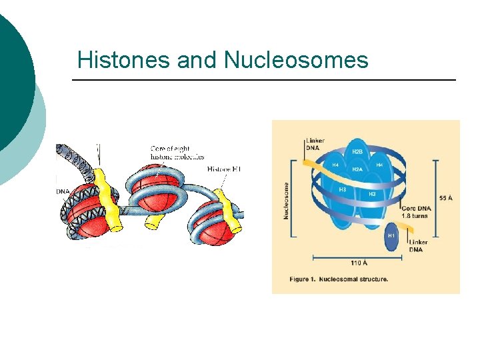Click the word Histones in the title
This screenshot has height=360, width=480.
tap(124, 60)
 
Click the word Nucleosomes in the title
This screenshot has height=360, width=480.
tap(296, 60)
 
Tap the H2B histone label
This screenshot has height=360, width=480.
tap(357, 152)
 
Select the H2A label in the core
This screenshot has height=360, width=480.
tap(357, 169)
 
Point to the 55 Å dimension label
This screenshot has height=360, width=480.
tap(447, 198)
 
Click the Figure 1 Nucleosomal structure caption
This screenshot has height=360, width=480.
tap(339, 279)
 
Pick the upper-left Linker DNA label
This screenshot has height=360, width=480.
tap(315, 143)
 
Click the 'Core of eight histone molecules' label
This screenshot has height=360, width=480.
tap(177, 153)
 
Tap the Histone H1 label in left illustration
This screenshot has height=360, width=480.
tap(223, 169)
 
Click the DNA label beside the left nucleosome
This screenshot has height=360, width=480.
tap(62, 192)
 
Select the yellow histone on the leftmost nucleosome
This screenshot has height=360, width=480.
tap(107, 200)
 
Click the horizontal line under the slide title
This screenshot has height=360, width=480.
tap(263, 81)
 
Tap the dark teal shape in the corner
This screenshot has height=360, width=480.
tap(13, 80)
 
